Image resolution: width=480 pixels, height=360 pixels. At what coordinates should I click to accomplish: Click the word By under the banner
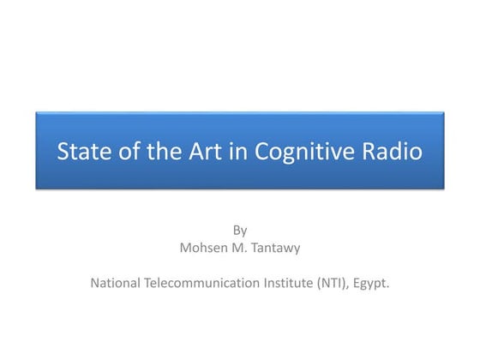(240, 230)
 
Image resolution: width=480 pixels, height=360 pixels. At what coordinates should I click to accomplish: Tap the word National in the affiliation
(117, 281)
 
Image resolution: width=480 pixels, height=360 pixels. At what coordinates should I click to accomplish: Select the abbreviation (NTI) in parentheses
(339, 281)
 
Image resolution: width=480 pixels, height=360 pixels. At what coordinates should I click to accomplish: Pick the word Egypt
(375, 282)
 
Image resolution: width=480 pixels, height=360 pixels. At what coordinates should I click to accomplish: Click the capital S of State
(63, 153)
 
